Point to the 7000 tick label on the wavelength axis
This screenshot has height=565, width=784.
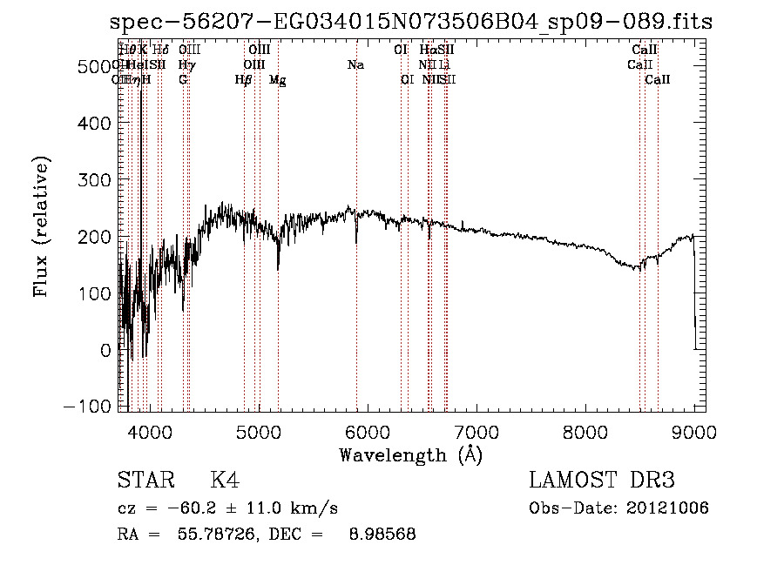476,430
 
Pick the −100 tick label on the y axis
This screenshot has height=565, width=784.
89,407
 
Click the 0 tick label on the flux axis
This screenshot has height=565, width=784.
106,351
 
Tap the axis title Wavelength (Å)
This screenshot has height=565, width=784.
410,454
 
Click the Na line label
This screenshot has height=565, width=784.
355,65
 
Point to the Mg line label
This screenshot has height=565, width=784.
277,80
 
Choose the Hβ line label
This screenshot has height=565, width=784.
243,80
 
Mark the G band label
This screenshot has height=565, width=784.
183,80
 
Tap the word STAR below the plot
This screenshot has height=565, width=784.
145,481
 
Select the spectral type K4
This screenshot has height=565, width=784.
224,481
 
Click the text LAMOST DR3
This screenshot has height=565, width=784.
602,481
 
